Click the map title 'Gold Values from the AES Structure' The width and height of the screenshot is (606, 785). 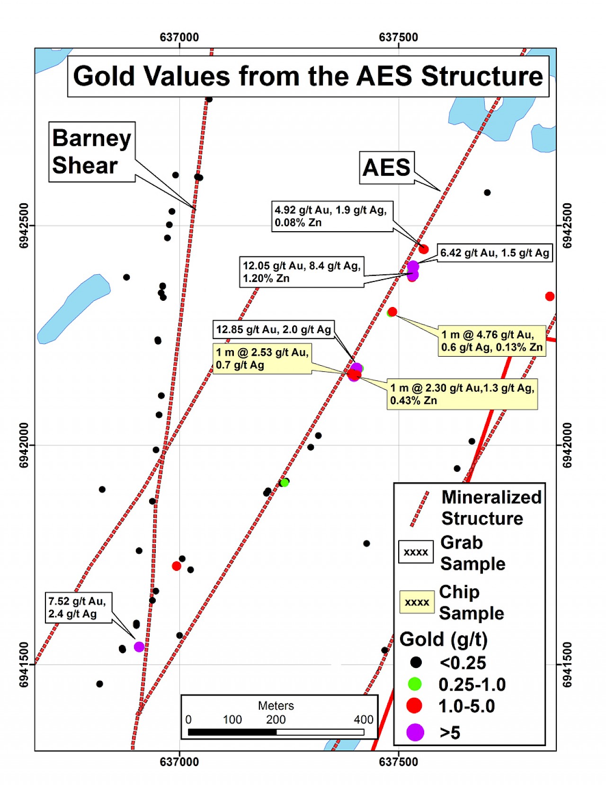(x=308, y=76)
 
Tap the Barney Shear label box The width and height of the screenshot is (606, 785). (x=92, y=152)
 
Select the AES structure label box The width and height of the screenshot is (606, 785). (x=386, y=168)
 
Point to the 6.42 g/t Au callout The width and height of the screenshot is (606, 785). (x=495, y=253)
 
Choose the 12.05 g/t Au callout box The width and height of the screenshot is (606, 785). (x=302, y=272)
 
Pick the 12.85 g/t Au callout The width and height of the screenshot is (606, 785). (x=274, y=329)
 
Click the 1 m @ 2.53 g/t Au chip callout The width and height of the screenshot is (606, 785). (x=262, y=358)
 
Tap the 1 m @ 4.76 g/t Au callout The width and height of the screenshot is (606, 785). (x=491, y=341)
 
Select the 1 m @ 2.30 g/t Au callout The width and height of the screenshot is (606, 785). (x=462, y=394)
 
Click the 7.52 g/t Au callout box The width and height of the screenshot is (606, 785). (x=78, y=608)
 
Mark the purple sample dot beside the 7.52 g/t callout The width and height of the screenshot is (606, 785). (x=139, y=647)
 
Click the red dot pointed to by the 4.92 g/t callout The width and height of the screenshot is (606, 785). (x=423, y=249)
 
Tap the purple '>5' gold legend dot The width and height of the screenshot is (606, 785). (x=415, y=732)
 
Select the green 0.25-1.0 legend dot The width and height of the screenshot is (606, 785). (x=415, y=684)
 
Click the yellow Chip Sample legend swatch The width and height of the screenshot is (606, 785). (x=417, y=602)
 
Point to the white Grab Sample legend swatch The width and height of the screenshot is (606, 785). (x=416, y=552)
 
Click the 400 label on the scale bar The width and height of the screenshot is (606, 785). (x=364, y=720)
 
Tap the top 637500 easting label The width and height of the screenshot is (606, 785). (x=399, y=37)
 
